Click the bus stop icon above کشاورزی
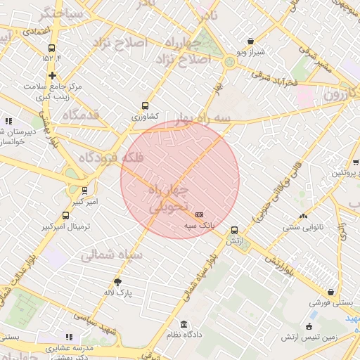point(146,105)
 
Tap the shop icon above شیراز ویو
point(250,41)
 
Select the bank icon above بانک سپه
point(200,214)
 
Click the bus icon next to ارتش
point(235,229)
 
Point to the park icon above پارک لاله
point(118,281)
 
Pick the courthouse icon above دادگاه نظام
point(184,324)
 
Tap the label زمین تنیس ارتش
point(310,337)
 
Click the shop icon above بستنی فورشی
point(330,292)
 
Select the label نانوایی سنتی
point(304,227)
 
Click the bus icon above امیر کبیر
point(84,190)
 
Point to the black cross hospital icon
point(52,75)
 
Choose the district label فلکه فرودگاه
point(113,159)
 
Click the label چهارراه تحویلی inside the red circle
point(171,199)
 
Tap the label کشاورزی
point(146,116)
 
